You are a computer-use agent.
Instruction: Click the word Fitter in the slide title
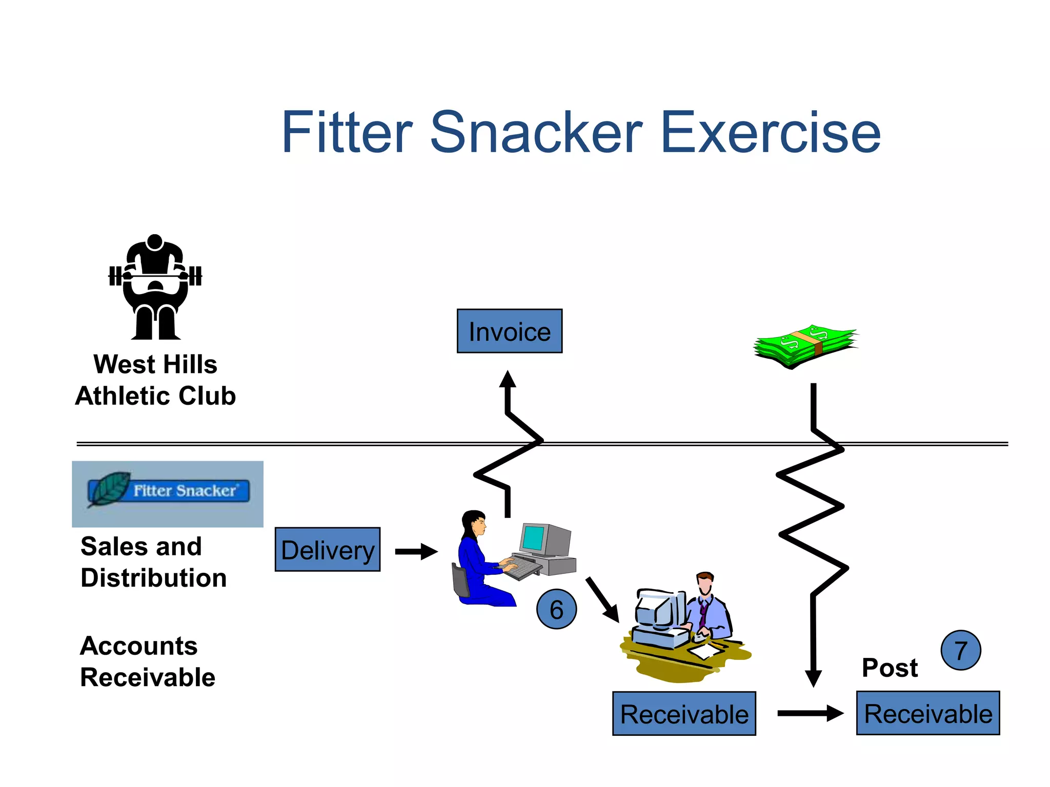click(x=347, y=133)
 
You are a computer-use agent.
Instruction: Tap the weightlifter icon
click(x=155, y=287)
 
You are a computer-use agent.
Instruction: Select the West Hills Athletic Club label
click(x=155, y=380)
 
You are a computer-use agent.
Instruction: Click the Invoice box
click(x=509, y=332)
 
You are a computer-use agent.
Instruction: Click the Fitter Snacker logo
click(x=168, y=493)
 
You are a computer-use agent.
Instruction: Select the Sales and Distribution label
click(x=153, y=562)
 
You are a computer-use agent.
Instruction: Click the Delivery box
click(x=328, y=550)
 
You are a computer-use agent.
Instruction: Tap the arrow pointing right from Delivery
click(x=416, y=551)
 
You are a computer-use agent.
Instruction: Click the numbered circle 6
click(x=556, y=609)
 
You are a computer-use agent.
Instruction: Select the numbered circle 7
click(x=960, y=650)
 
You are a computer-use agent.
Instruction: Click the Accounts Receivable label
click(x=147, y=661)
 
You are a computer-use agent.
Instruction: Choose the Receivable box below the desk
click(x=684, y=714)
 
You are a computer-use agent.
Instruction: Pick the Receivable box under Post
click(x=927, y=713)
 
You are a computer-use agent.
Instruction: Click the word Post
click(x=890, y=668)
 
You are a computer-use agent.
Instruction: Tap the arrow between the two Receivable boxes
click(x=810, y=713)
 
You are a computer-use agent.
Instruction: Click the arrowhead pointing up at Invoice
click(x=508, y=380)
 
